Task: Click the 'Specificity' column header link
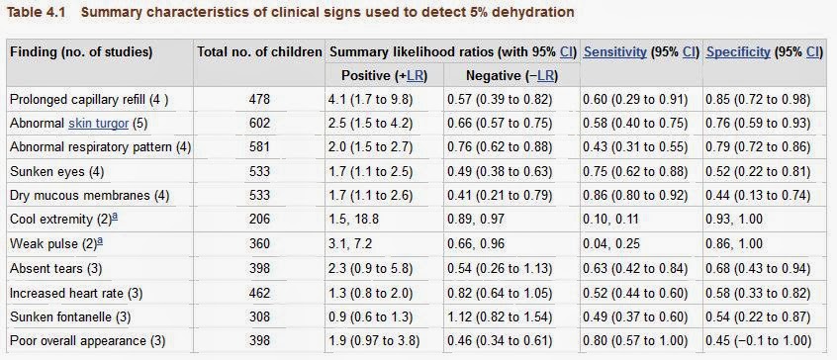(x=738, y=51)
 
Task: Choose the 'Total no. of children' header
(x=258, y=51)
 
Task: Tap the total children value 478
(x=258, y=99)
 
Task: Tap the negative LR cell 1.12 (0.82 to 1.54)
(x=500, y=316)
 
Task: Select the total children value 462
(x=258, y=293)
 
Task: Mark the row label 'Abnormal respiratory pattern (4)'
(x=100, y=147)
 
